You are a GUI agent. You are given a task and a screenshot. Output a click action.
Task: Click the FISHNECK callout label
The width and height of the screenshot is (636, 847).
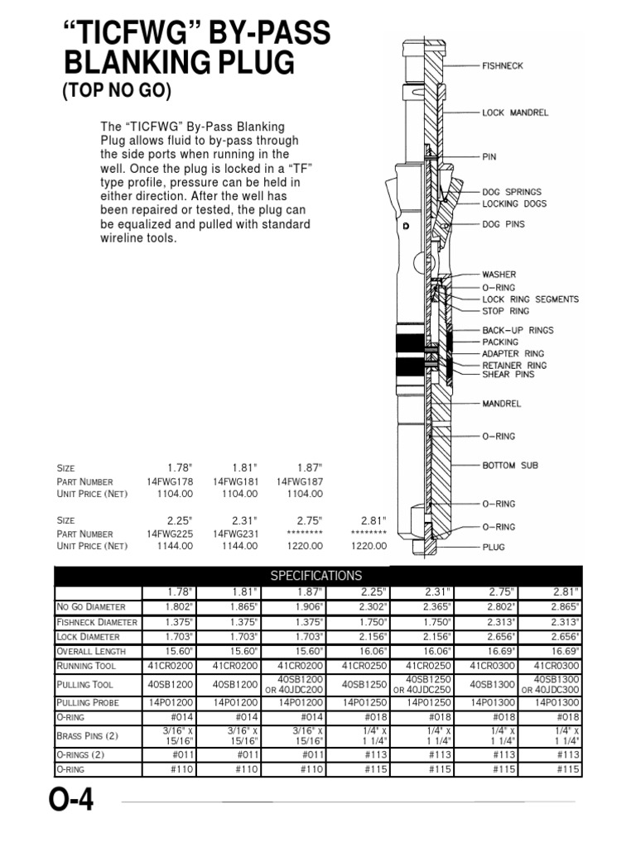pyautogui.click(x=503, y=65)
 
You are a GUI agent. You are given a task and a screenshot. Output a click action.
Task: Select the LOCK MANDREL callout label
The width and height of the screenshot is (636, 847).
pyautogui.click(x=515, y=112)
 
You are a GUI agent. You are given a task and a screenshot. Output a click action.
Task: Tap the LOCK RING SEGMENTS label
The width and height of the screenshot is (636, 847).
pyautogui.click(x=530, y=299)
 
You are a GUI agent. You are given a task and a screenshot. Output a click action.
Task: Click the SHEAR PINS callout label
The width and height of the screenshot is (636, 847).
pyautogui.click(x=508, y=374)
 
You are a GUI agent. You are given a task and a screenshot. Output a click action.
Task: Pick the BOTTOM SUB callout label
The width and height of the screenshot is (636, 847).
pyautogui.click(x=510, y=466)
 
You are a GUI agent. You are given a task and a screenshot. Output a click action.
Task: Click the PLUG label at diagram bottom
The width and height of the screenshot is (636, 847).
pyautogui.click(x=494, y=547)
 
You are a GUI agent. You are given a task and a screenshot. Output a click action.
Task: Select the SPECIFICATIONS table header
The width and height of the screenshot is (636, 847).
pyautogui.click(x=317, y=575)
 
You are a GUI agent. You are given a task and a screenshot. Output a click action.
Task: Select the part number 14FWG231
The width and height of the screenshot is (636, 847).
pyautogui.click(x=235, y=534)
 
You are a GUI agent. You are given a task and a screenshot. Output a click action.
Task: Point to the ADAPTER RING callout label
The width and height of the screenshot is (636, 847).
pyautogui.click(x=513, y=353)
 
